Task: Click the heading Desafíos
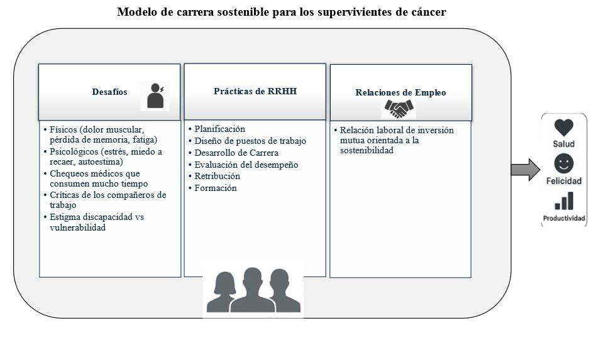tap(109, 92)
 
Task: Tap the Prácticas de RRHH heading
tap(255, 91)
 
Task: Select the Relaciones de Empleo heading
tap(400, 92)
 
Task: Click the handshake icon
tap(399, 109)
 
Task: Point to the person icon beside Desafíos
tap(155, 95)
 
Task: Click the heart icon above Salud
tap(564, 128)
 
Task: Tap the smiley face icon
tap(564, 164)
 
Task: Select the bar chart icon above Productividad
tap(564, 201)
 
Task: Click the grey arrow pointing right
tap(526, 170)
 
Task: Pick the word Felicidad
tap(564, 181)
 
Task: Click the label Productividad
tap(564, 219)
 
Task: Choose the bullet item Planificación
tap(219, 129)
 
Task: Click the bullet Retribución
tap(217, 176)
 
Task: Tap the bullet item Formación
tap(216, 188)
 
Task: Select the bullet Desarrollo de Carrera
tap(236, 153)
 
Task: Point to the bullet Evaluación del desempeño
tap(246, 165)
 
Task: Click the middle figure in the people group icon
tap(252, 290)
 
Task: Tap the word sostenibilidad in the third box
tap(367, 150)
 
